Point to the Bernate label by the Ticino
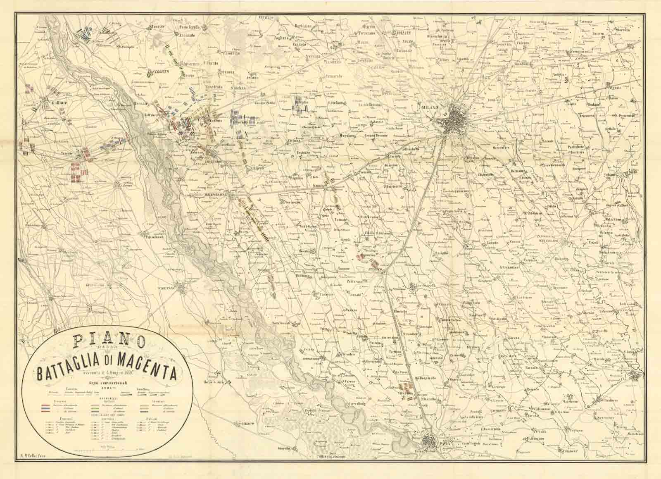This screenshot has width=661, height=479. click(143, 103)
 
